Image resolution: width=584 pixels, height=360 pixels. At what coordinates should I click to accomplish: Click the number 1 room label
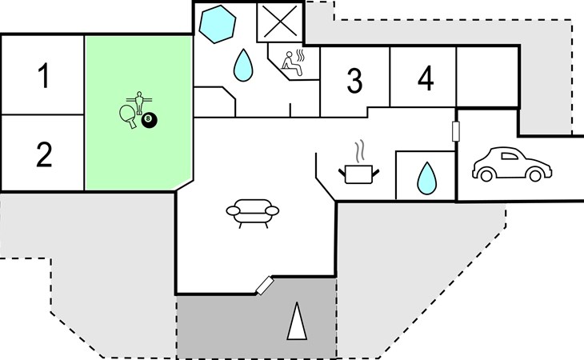click(44, 75)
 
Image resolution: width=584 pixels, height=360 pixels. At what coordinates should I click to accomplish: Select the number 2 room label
click(44, 154)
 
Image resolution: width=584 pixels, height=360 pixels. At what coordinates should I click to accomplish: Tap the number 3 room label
click(354, 81)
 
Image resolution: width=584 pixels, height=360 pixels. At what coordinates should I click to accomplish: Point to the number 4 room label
click(426, 78)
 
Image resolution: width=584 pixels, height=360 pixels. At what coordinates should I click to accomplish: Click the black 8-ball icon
click(149, 120)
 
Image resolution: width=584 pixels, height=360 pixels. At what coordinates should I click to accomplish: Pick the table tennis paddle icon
click(128, 116)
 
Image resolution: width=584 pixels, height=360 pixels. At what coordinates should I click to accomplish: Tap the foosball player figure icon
click(139, 102)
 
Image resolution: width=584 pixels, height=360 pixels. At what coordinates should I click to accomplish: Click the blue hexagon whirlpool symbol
click(217, 24)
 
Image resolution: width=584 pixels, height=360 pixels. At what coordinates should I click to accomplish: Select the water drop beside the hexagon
click(243, 66)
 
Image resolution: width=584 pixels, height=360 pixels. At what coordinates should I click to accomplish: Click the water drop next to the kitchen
click(427, 178)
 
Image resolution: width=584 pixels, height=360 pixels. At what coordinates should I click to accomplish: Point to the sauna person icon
click(294, 63)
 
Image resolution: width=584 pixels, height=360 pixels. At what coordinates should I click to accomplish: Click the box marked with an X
click(280, 22)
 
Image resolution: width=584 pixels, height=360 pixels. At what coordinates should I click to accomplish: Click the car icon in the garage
click(512, 164)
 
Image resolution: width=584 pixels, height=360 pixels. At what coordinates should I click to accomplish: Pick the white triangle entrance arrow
click(297, 322)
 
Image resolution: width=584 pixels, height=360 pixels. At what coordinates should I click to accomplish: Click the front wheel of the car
click(535, 175)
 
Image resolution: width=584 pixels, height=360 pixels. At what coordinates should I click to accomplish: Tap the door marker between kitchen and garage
click(455, 131)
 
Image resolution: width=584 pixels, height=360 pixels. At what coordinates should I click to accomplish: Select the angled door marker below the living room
click(265, 286)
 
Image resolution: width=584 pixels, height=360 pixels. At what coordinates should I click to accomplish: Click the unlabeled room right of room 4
click(487, 76)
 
